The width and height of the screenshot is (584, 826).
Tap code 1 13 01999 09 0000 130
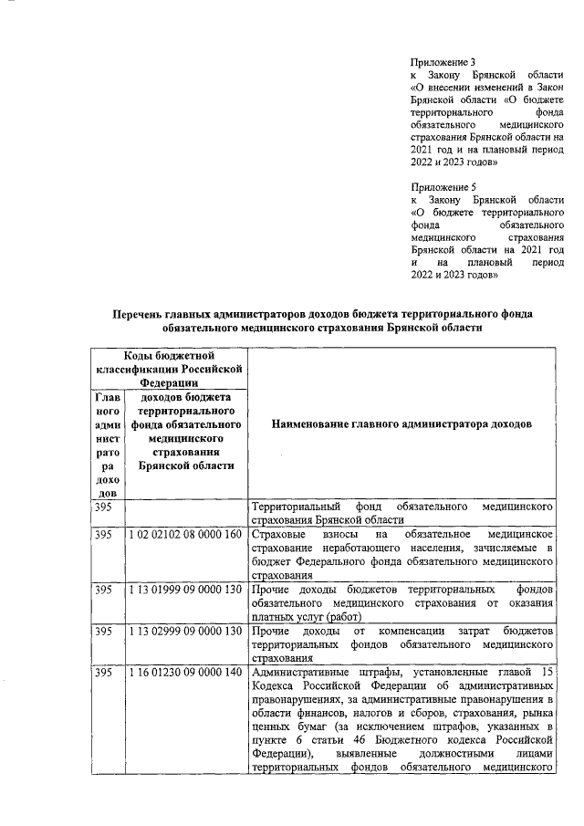point(185,591)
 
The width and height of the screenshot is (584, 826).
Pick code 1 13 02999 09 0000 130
point(185,632)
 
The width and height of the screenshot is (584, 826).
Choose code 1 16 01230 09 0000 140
point(185,674)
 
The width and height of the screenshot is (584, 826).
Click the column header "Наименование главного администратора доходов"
point(405,425)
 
